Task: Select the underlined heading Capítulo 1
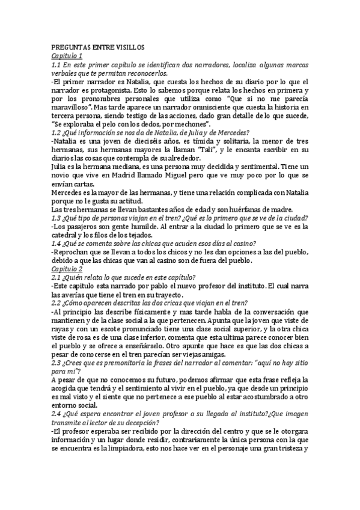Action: (67, 56)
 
